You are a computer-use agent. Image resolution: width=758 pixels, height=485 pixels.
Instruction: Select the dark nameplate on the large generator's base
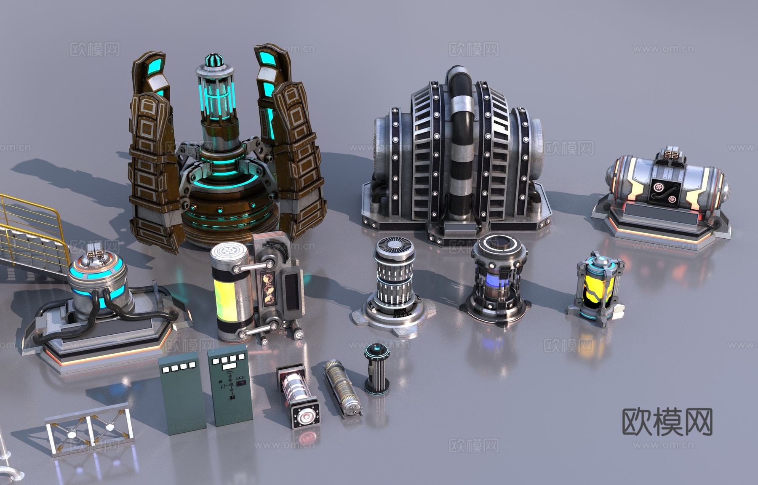[x=461, y=228]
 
